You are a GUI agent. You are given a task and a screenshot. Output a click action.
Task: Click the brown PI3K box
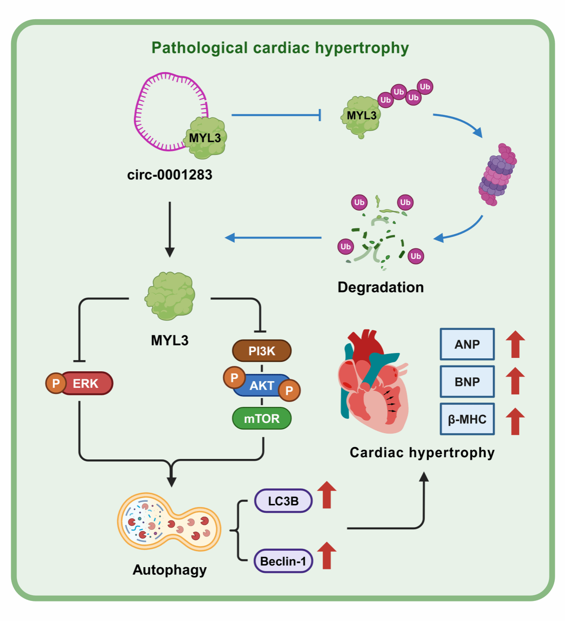pos(262,351)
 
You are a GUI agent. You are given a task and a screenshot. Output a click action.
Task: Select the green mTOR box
pos(262,418)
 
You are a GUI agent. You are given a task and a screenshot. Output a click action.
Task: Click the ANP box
pos(467,344)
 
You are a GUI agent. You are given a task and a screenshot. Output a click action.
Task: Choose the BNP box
pos(467,382)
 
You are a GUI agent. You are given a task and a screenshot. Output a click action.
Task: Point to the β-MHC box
pos(467,419)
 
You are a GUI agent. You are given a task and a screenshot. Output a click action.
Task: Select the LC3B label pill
pos(283,501)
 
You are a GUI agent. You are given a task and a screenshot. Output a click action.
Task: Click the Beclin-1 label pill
pos(283,561)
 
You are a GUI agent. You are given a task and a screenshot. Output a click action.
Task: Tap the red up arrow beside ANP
pos(515,344)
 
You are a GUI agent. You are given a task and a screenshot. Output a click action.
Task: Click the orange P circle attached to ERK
pos(56,383)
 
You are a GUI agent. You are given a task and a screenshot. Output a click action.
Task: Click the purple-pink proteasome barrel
pos(498,174)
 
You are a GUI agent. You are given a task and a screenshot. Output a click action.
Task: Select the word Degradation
pos(381,287)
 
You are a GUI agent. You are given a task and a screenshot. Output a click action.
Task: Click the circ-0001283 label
pos(170,175)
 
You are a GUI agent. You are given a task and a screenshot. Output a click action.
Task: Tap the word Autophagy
pos(170,570)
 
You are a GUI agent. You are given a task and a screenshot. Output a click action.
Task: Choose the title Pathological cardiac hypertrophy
pos(280,48)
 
